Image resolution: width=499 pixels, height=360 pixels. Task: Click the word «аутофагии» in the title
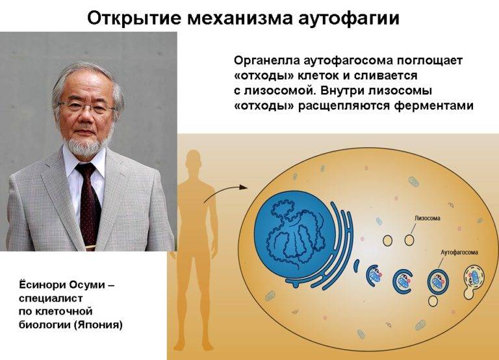[x=349, y=18]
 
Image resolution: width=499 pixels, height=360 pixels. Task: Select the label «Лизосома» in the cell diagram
[x=428, y=218]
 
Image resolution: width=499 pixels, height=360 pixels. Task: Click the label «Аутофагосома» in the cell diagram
[x=459, y=252]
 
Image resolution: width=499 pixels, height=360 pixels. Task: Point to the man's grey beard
[x=83, y=146]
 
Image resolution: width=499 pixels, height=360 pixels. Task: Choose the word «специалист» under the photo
[x=51, y=298]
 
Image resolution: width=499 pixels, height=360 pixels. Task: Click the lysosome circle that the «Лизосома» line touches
[x=409, y=240]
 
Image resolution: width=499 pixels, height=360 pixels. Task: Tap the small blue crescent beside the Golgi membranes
[x=357, y=266]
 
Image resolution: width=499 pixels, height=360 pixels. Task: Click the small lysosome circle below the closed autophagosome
[x=433, y=301]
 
